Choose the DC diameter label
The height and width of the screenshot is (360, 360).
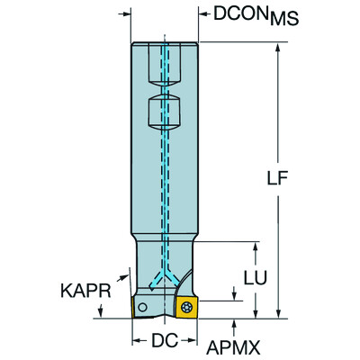[x=163, y=342]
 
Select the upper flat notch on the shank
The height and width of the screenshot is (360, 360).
[x=166, y=65]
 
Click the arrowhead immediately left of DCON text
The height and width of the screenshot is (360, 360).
[x=200, y=13]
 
